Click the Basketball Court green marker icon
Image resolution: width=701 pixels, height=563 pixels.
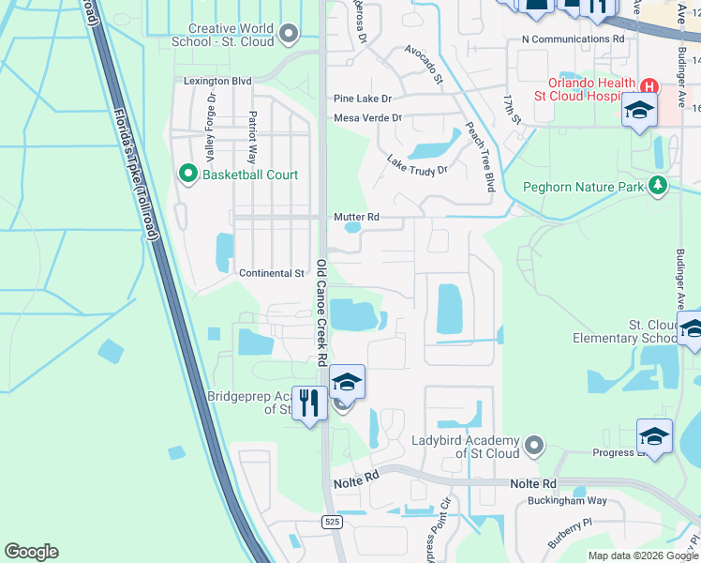(x=186, y=175)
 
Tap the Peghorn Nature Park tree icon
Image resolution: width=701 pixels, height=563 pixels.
(x=659, y=186)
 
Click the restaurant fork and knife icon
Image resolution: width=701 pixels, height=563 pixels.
(x=310, y=403)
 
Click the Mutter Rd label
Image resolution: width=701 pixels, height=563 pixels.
(x=356, y=217)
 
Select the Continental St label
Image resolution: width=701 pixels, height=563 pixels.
(x=273, y=274)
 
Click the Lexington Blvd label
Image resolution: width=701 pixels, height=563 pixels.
(x=217, y=82)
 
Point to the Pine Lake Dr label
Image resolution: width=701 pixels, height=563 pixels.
(x=363, y=99)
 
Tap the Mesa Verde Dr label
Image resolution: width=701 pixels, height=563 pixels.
(x=367, y=118)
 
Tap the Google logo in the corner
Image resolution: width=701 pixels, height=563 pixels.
(x=31, y=552)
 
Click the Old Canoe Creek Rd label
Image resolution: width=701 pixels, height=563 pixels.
(x=321, y=312)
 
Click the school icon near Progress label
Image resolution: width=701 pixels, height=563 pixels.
(x=654, y=435)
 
